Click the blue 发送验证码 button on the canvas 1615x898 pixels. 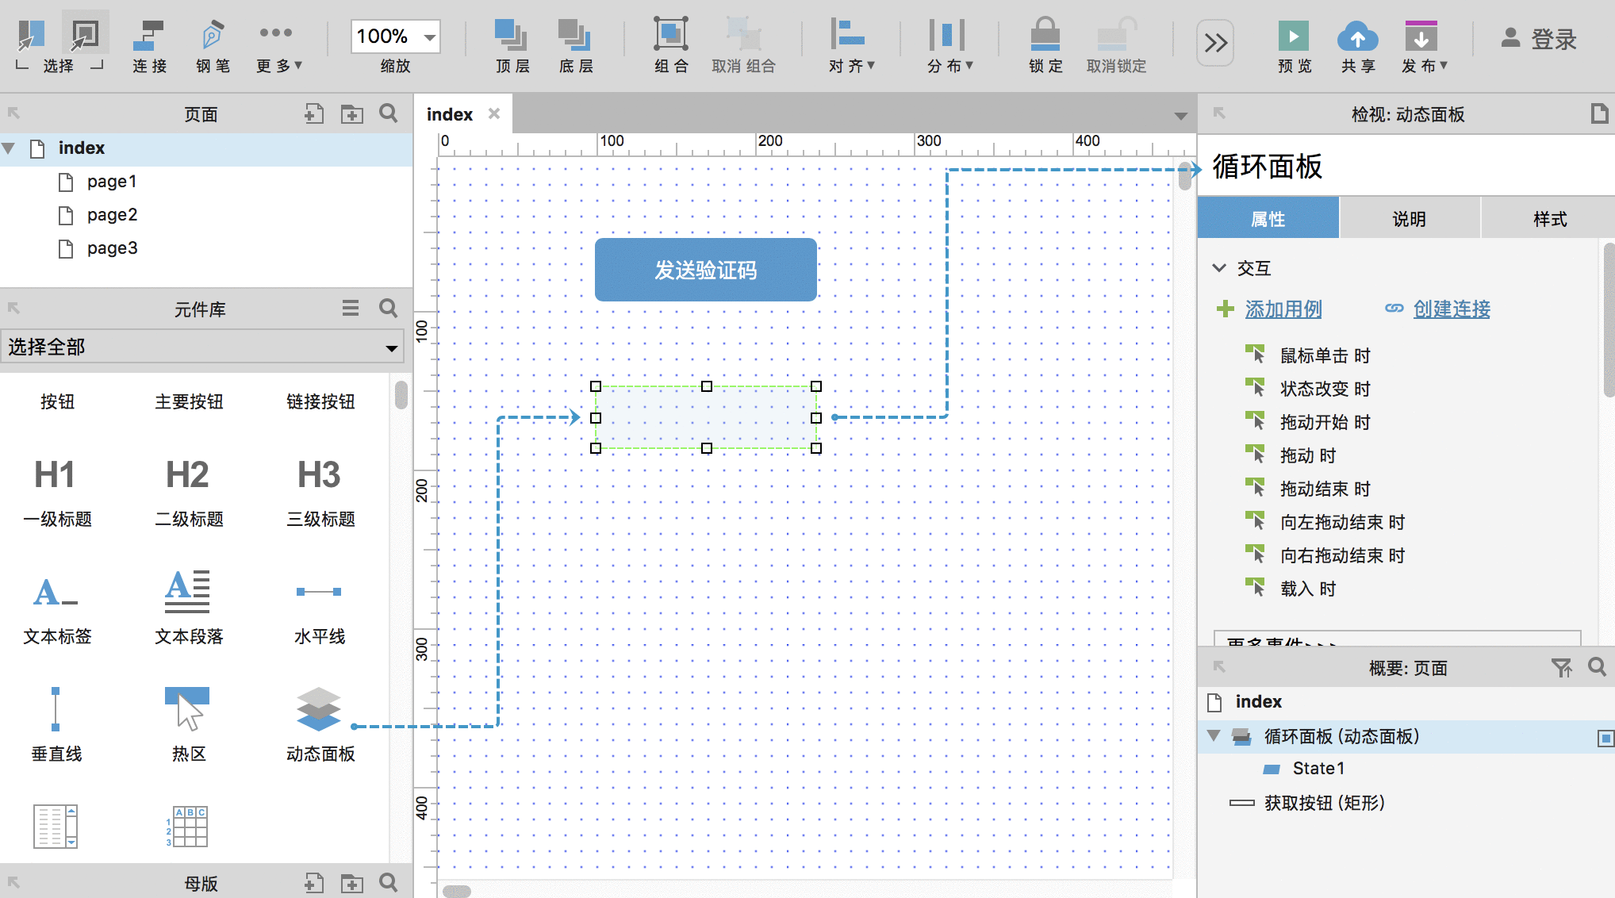point(705,270)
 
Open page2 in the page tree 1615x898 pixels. point(112,215)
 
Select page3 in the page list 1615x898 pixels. point(112,248)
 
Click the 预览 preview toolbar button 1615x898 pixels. point(1294,47)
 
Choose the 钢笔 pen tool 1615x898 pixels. point(213,47)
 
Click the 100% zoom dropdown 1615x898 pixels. point(395,36)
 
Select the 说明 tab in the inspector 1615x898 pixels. point(1409,219)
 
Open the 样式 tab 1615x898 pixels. point(1549,219)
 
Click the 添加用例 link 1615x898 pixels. point(1283,309)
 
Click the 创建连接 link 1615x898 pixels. point(1452,309)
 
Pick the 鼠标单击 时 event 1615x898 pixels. point(1325,355)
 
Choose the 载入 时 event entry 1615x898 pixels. point(1307,589)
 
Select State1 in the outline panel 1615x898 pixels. point(1318,768)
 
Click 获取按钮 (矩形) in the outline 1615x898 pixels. point(1324,803)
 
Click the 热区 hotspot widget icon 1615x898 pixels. point(187,708)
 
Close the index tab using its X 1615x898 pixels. point(494,113)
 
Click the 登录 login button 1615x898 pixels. point(1539,39)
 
